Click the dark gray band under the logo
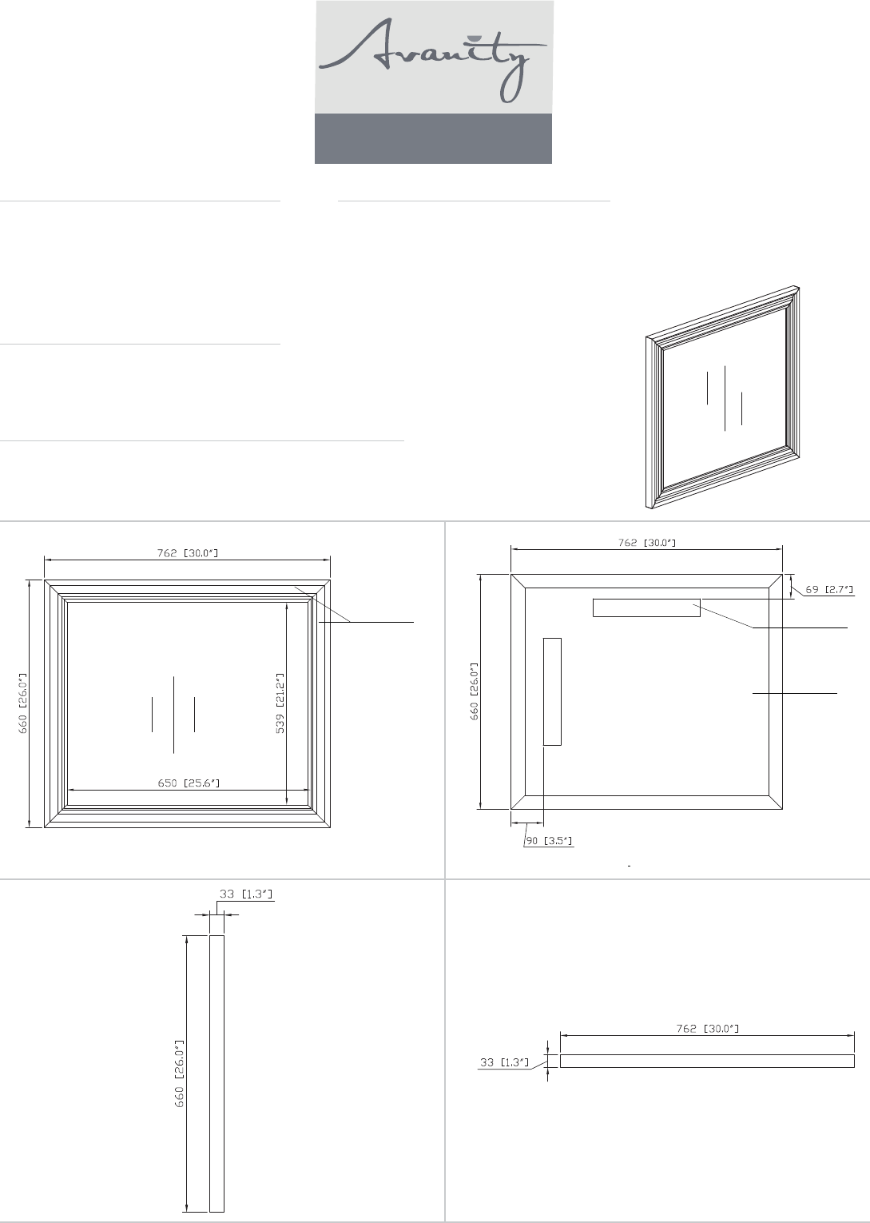[x=433, y=138]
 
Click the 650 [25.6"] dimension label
[x=189, y=783]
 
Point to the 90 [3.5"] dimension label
[x=549, y=841]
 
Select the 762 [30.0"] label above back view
[x=646, y=543]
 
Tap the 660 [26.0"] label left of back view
[x=475, y=691]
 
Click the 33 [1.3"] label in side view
[x=246, y=894]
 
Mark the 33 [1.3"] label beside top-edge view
[x=505, y=1062]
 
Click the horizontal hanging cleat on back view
[x=646, y=608]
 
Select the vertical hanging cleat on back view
[x=552, y=691]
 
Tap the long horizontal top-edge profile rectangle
[x=707, y=1061]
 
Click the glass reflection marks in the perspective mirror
[x=725, y=398]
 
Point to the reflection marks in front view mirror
[x=173, y=714]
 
